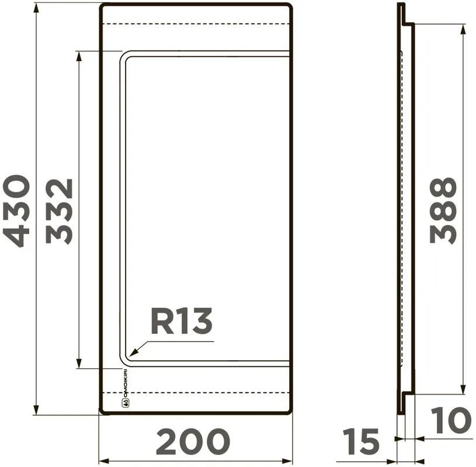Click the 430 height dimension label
pos(16,211)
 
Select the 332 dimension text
pos(59,211)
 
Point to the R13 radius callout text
pos(181,321)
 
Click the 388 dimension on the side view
pos(443,211)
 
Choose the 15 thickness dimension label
pos(361,441)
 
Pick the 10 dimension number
pos(451,420)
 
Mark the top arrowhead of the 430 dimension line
pos(36,9)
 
